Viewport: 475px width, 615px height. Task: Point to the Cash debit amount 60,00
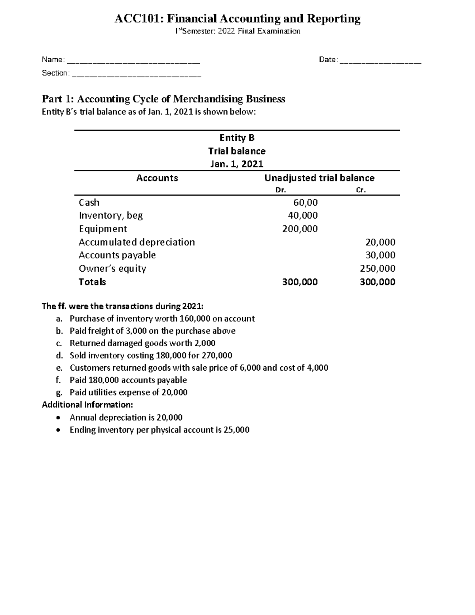(305, 203)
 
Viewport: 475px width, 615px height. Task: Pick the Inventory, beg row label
(111, 216)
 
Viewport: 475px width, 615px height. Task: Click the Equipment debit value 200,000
(300, 229)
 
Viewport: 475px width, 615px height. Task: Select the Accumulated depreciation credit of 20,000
(380, 242)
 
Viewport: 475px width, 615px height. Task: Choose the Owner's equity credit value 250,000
(377, 269)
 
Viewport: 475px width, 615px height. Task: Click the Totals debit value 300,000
(300, 282)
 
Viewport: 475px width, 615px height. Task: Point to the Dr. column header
(280, 190)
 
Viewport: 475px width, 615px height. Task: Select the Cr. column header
(361, 190)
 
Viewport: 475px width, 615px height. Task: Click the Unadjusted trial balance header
(319, 178)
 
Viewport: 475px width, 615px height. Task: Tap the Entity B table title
(237, 138)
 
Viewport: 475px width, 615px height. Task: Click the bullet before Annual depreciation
(59, 417)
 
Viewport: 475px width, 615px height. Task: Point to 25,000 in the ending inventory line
(236, 430)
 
